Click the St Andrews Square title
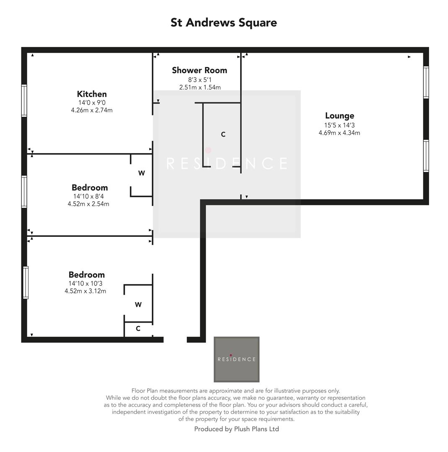pos(223,23)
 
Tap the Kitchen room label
pos(92,94)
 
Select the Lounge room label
pos(339,116)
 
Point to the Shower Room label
pos(199,70)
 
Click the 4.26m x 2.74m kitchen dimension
pos(92,110)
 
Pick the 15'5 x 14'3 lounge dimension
pos(339,125)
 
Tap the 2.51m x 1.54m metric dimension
pos(200,87)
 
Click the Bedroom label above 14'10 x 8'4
pos(90,187)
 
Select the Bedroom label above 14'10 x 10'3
pos(87,275)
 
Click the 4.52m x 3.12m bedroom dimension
pos(85,291)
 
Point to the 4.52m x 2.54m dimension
pos(88,204)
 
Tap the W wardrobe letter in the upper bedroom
pos(142,173)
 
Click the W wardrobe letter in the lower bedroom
pos(138,305)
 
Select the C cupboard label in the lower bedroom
pos(138,329)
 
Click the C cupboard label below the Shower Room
pos(223,134)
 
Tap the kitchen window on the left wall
pos(24,100)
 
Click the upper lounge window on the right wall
pos(426,82)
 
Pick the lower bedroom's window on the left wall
pos(26,282)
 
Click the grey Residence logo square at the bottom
pos(236,359)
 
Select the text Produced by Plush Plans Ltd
pos(236,429)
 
